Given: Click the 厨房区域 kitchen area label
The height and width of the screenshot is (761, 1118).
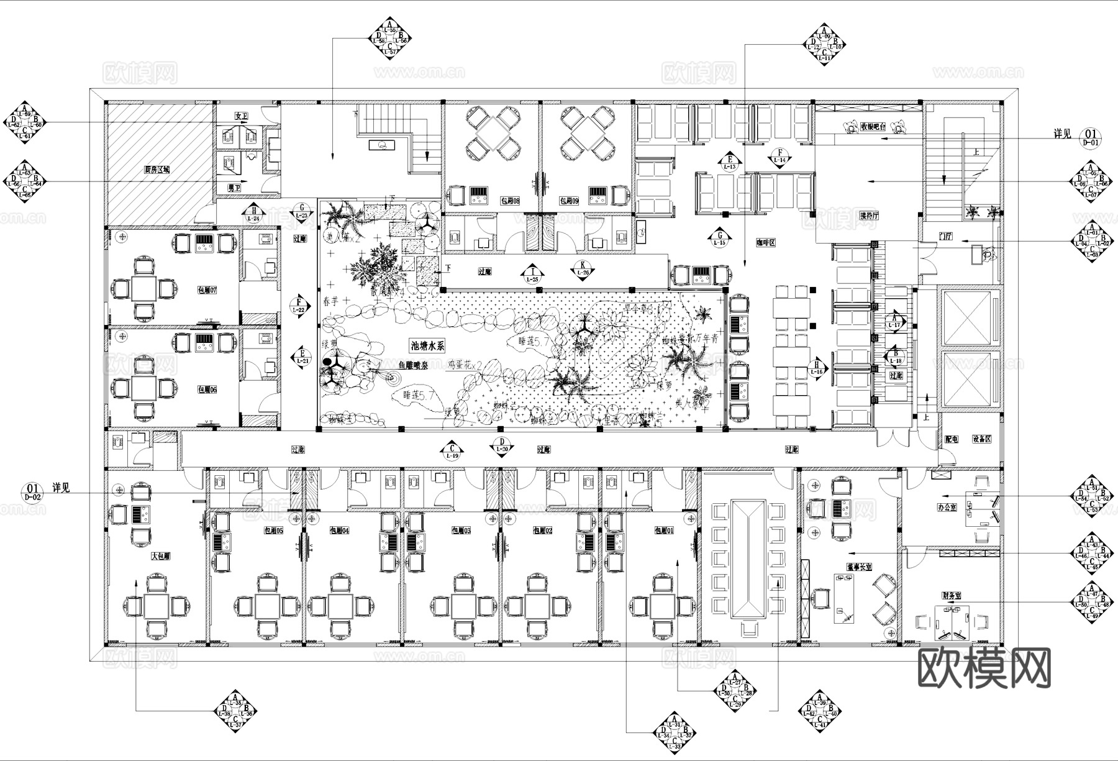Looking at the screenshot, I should [157, 169].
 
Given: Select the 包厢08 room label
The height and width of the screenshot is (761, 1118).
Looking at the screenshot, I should [510, 201].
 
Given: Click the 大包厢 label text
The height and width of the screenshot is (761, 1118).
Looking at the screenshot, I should [161, 557].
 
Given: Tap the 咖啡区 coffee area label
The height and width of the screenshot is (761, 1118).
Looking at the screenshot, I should [766, 244].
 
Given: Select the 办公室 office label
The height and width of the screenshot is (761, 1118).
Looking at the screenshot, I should [947, 508].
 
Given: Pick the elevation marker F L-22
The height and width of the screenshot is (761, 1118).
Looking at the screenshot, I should [299, 305].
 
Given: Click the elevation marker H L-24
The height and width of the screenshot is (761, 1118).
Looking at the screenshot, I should [253, 214].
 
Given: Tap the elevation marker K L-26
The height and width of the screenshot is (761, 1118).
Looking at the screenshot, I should [583, 268].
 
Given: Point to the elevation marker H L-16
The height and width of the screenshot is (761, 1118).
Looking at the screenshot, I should [817, 368].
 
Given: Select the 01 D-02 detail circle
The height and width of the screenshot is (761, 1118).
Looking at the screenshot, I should [32, 491].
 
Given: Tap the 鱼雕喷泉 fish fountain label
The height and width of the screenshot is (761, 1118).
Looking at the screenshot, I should [413, 366].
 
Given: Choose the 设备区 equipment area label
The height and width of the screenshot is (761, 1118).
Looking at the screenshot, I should [981, 439].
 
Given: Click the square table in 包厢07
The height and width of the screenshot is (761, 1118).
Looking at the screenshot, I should [144, 289].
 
